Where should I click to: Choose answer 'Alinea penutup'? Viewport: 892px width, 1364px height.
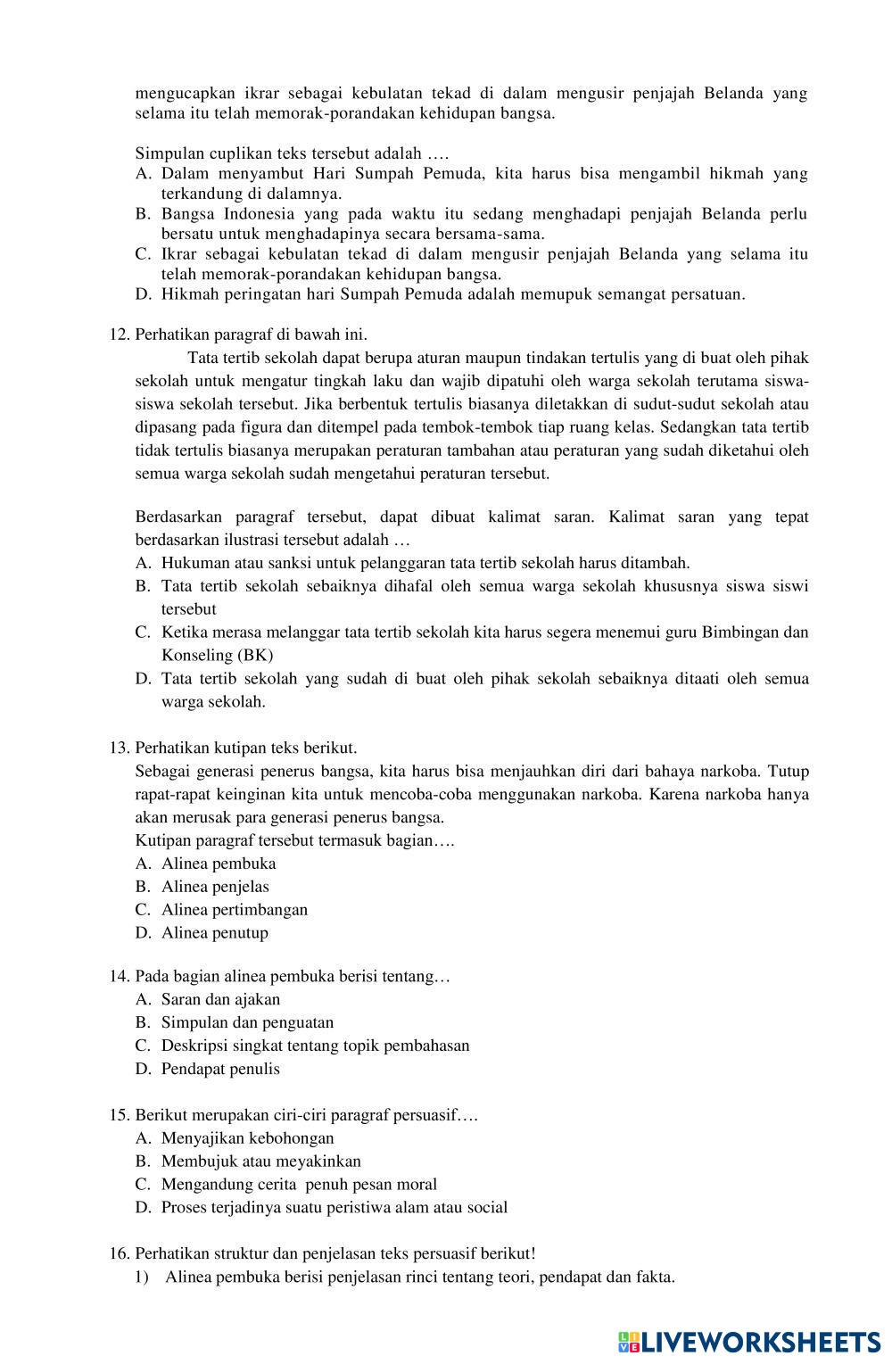pos(214,933)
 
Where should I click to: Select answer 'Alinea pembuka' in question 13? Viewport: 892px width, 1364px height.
pos(219,864)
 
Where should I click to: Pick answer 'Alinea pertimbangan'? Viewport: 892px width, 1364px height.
pos(234,910)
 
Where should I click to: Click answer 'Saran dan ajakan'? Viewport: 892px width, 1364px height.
pos(220,999)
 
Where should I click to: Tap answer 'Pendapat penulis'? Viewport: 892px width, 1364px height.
pos(220,1069)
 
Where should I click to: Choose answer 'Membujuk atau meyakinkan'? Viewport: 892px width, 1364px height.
pos(260,1161)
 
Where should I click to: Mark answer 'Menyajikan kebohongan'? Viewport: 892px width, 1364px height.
pos(247,1138)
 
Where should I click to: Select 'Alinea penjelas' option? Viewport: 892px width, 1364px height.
pos(215,887)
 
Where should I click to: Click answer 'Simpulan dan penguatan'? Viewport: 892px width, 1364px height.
pos(247,1022)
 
